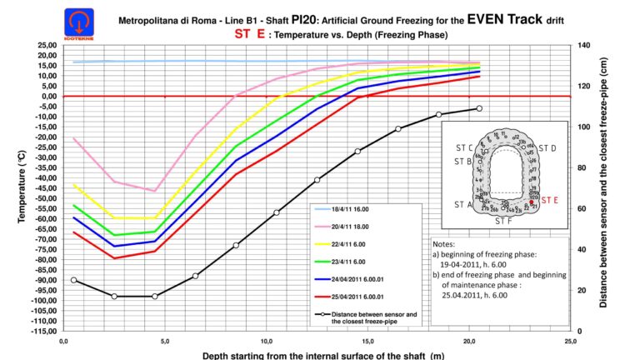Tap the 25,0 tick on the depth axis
click(571, 341)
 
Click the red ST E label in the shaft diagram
click(551, 200)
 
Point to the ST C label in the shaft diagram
click(464, 147)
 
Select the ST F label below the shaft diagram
click(504, 222)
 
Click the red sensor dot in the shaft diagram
click(532, 202)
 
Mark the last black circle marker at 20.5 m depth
click(479, 108)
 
